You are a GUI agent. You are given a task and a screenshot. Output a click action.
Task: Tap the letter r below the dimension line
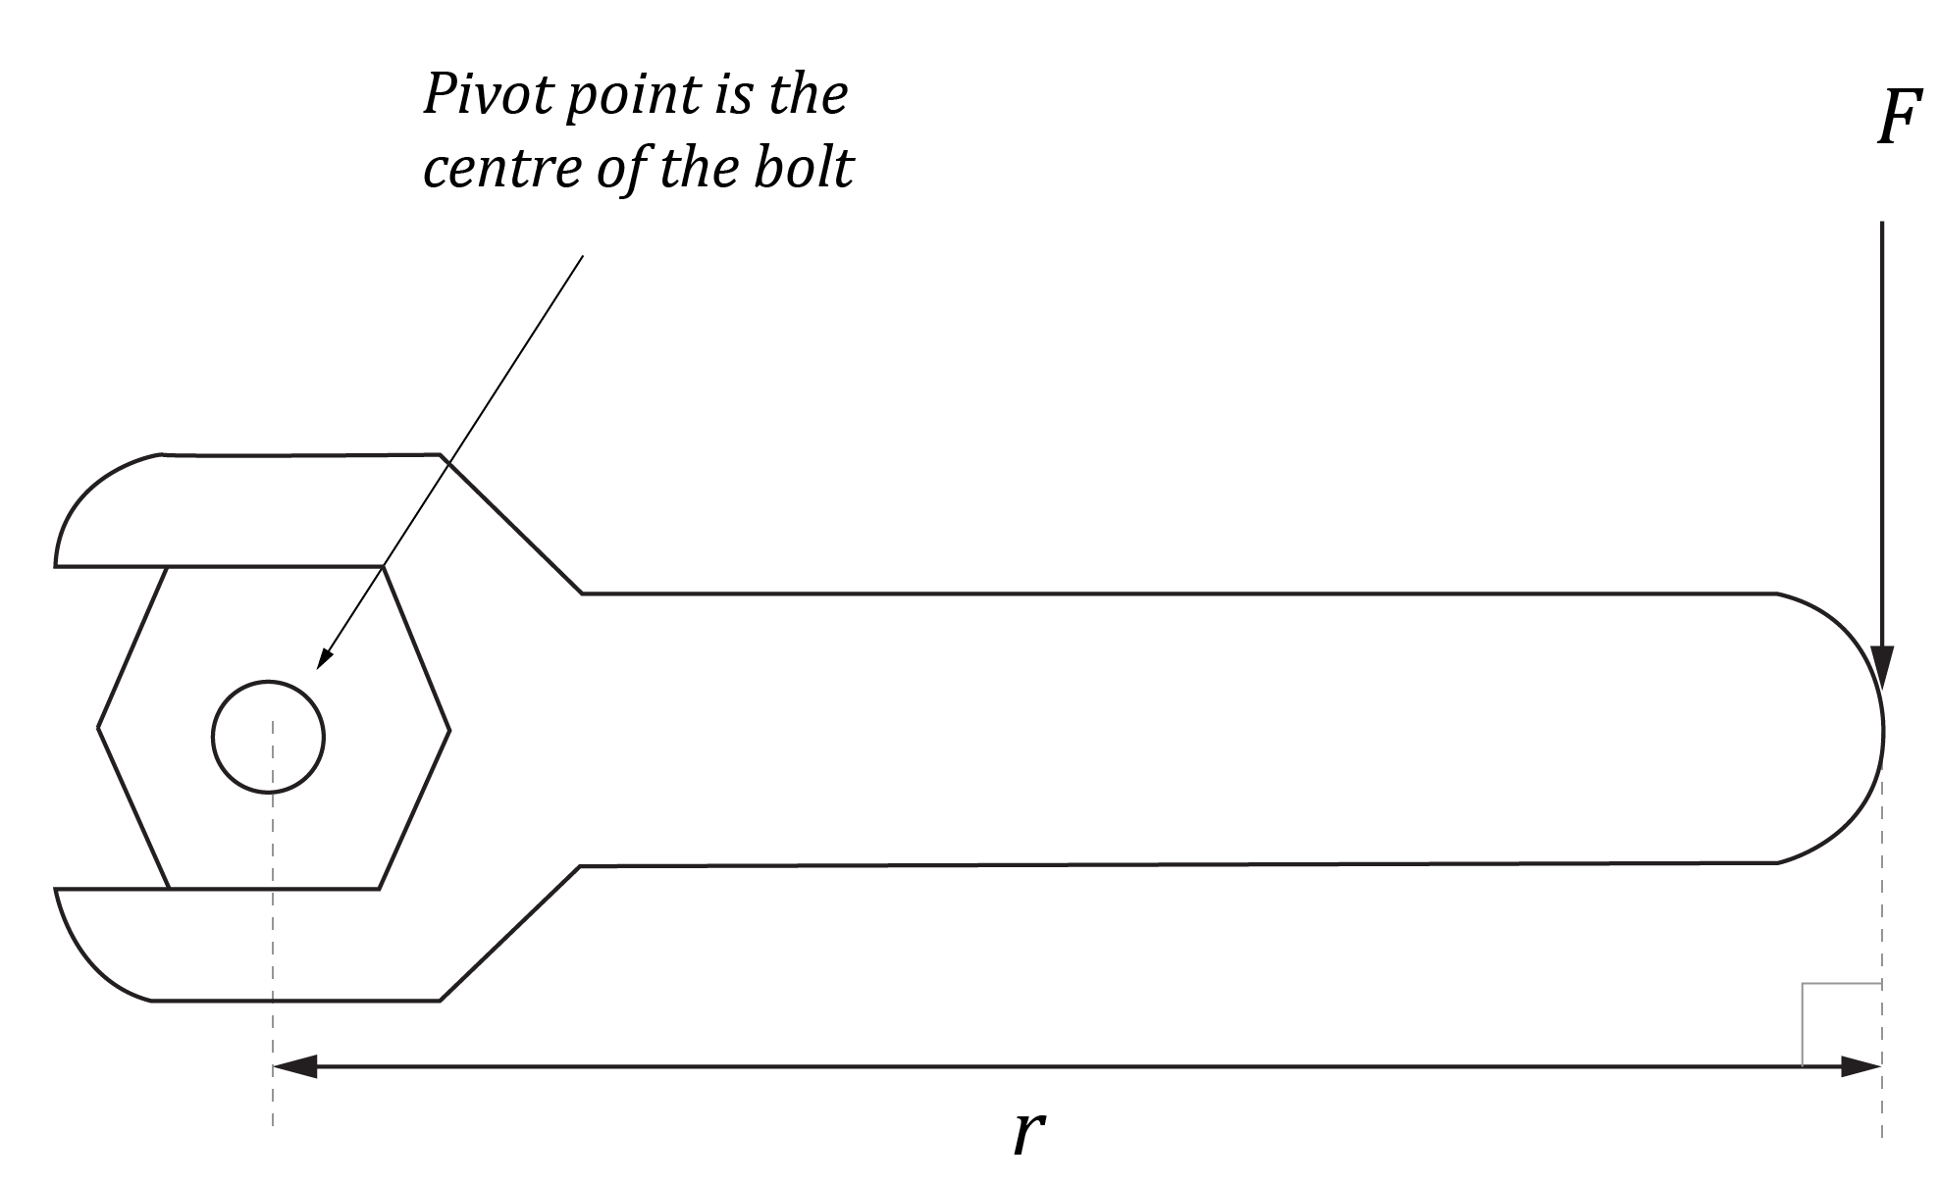click(x=1027, y=1133)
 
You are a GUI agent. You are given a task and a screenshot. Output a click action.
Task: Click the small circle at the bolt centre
click(x=268, y=736)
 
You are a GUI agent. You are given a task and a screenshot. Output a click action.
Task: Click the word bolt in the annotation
click(x=804, y=169)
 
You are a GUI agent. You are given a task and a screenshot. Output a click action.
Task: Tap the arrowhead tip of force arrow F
click(x=1882, y=687)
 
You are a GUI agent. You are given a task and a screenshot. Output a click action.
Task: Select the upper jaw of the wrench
click(x=245, y=510)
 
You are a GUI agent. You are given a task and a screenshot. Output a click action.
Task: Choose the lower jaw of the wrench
click(x=245, y=947)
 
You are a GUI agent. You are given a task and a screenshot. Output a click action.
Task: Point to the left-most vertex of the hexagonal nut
click(x=98, y=728)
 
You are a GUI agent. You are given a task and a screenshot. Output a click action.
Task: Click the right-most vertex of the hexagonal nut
click(x=449, y=730)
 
